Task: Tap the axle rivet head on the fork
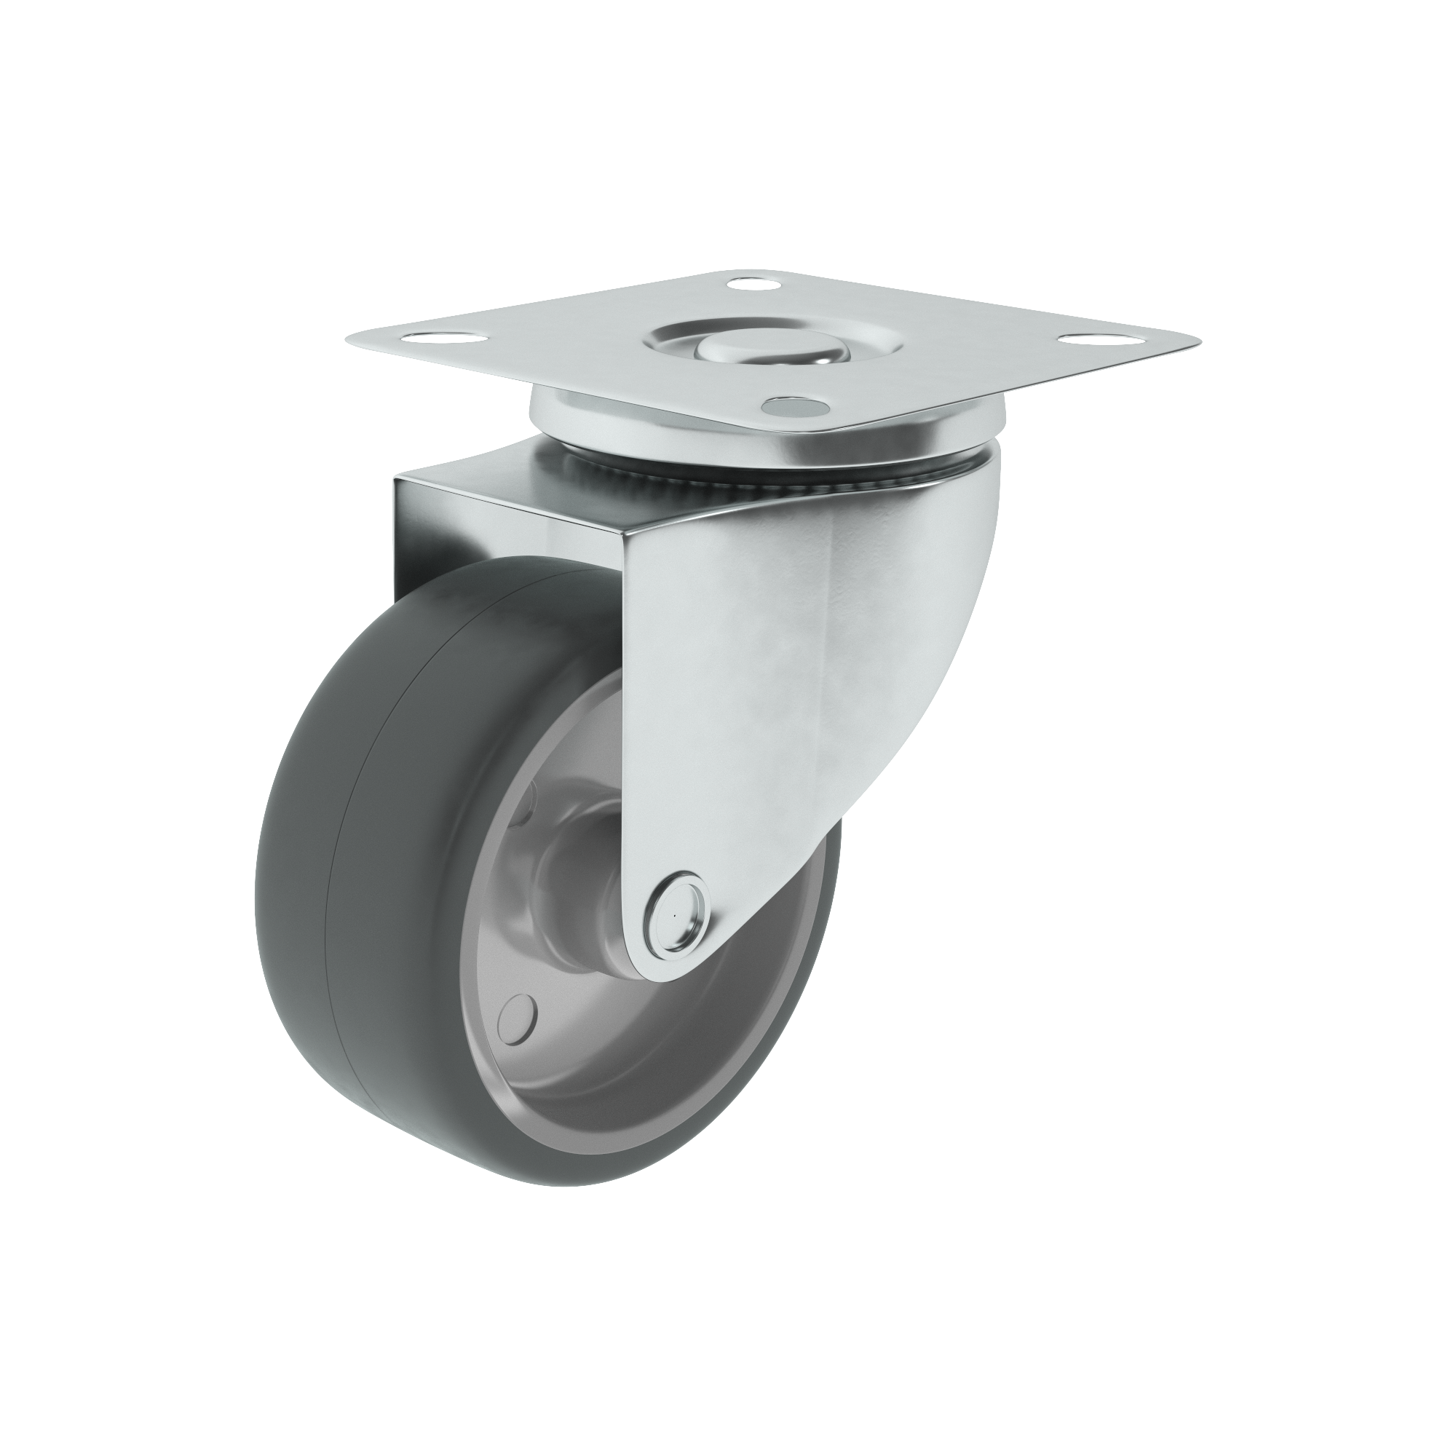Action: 676,917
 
